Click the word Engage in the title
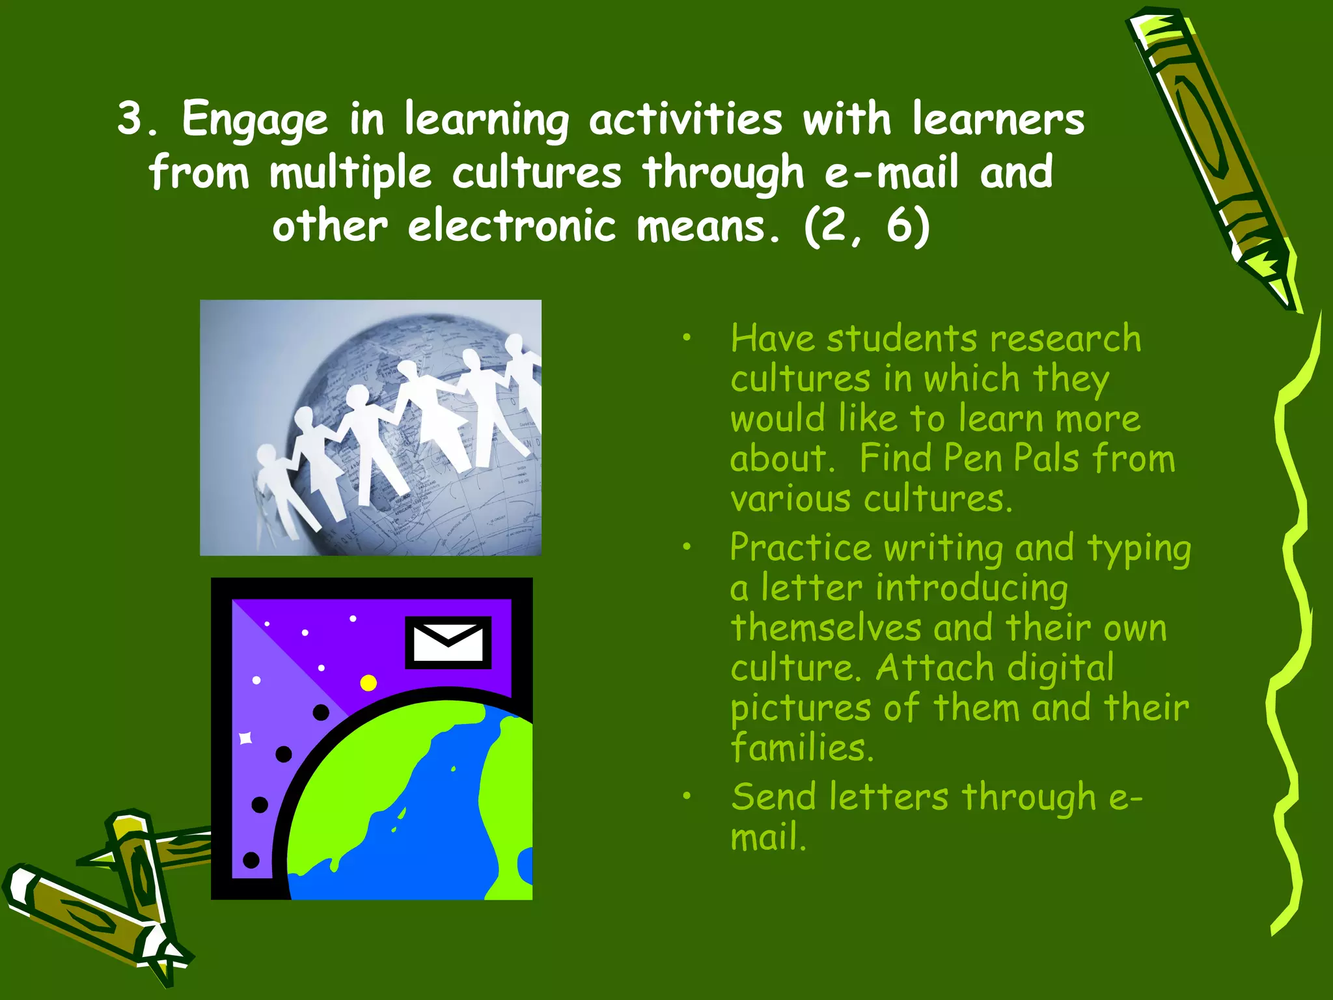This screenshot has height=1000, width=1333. pos(254,120)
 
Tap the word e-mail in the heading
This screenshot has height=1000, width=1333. pos(891,173)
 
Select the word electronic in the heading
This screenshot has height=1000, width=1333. pos(512,227)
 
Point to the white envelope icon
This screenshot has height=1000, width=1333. pos(448,642)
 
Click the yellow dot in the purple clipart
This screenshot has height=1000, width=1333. pos(368,682)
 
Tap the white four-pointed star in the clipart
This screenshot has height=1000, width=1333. pos(245,738)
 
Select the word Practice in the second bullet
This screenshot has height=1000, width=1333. pos(800,548)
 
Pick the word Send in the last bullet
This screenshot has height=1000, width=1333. pos(773,797)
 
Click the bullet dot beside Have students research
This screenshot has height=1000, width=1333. pos(686,337)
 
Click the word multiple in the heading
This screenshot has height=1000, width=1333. pos(350,173)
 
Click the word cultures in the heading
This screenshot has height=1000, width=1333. pos(537,173)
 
